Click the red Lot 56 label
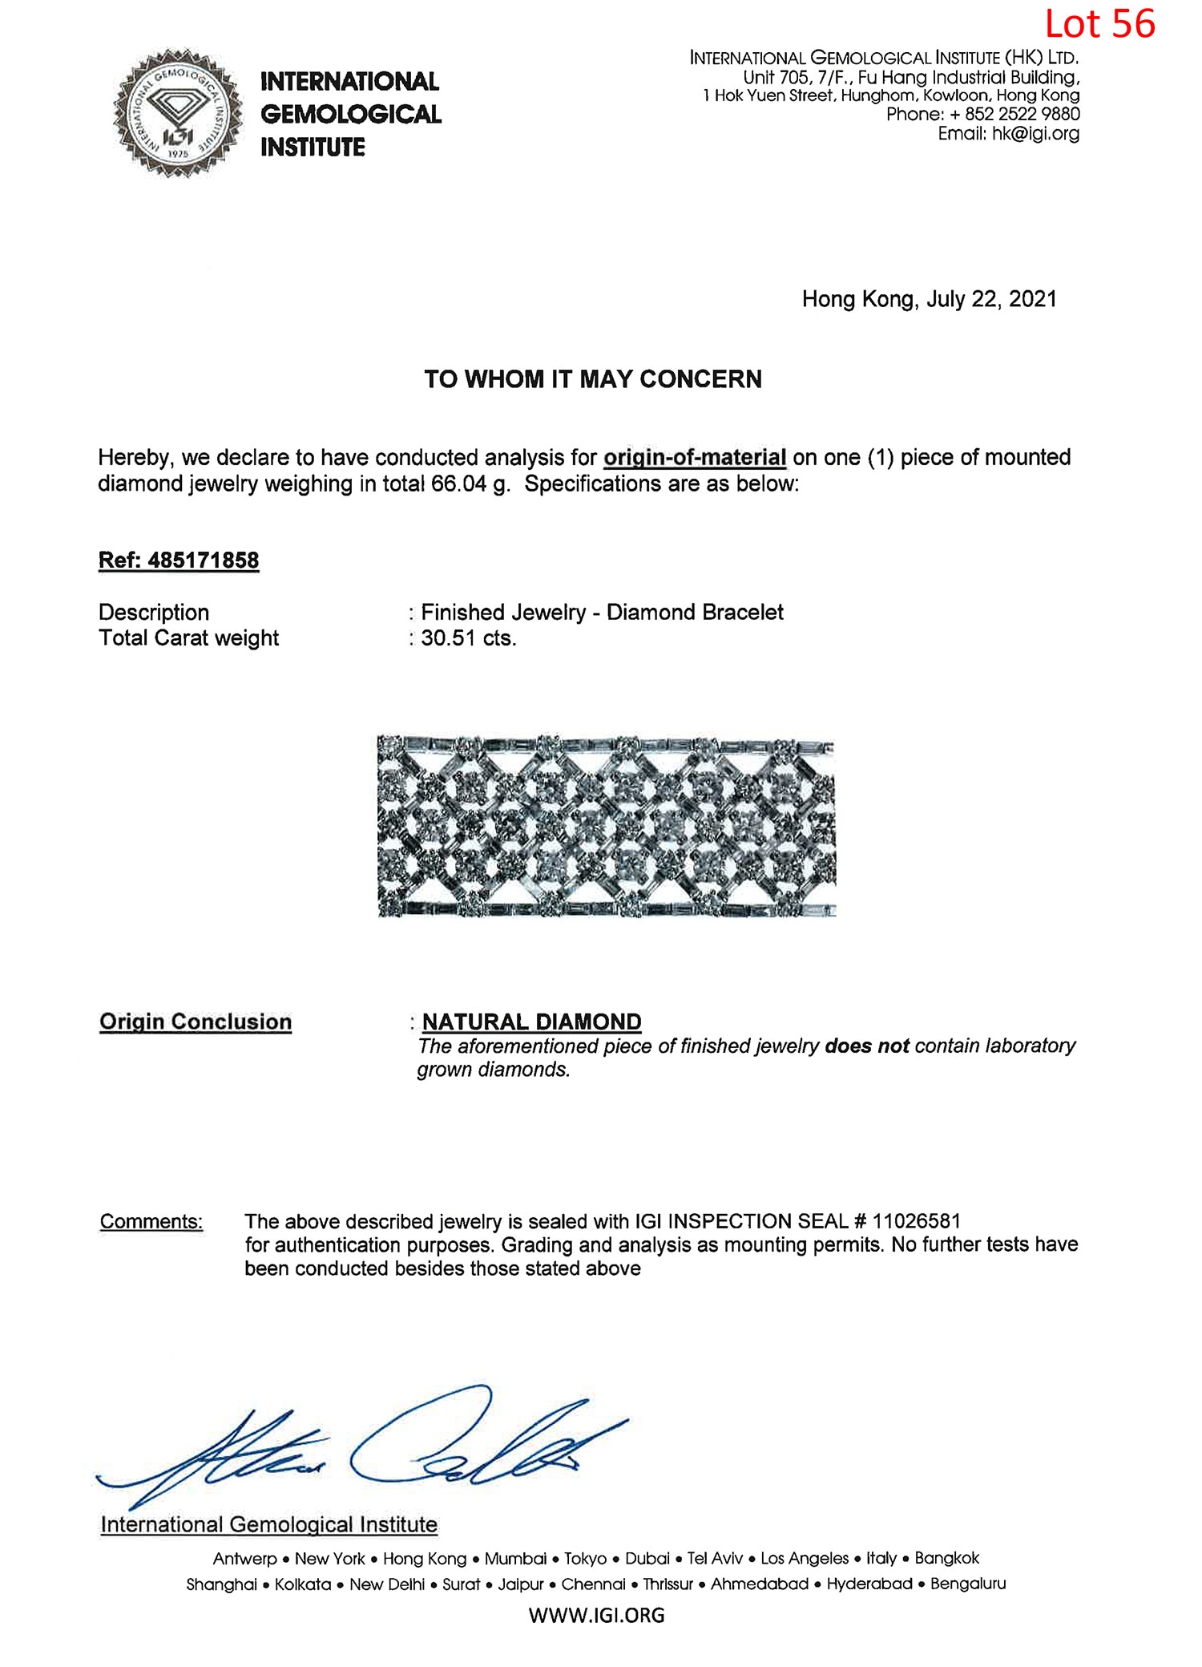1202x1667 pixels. tap(1099, 24)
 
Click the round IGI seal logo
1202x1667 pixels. tap(178, 113)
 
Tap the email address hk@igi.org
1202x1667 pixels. tap(1035, 134)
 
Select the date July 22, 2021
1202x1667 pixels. tap(991, 299)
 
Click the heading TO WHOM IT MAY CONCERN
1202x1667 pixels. tap(593, 378)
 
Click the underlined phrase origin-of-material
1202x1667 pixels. tap(694, 457)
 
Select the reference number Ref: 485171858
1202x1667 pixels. tap(179, 560)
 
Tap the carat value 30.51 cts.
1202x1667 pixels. tap(469, 638)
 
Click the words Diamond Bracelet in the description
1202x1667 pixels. tap(695, 613)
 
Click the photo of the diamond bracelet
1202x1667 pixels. tap(607, 826)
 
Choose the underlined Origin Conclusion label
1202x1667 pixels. tap(196, 1022)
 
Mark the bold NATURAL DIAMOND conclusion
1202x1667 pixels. tap(531, 1022)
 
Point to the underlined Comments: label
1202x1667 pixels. tap(151, 1221)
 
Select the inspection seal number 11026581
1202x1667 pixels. tap(916, 1221)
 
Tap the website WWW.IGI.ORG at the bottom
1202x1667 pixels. tap(596, 1615)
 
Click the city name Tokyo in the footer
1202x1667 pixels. tap(585, 1558)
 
